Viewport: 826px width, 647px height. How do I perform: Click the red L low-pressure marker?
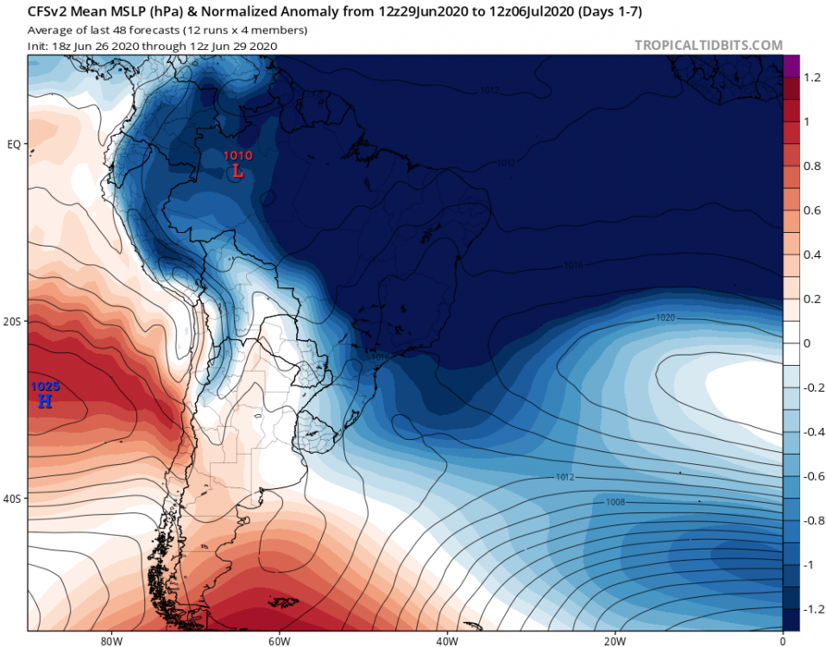point(238,171)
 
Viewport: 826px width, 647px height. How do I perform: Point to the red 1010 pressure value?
point(238,156)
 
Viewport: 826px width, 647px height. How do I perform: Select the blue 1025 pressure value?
point(45,386)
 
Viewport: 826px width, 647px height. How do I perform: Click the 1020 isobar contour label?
point(665,318)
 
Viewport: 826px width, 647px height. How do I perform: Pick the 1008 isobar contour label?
point(615,501)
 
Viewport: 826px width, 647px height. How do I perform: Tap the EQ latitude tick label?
point(14,144)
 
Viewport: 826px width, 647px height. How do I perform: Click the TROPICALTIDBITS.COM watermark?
point(709,45)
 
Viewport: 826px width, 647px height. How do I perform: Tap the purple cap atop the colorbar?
point(791,66)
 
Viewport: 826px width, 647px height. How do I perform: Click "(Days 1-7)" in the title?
point(615,12)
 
